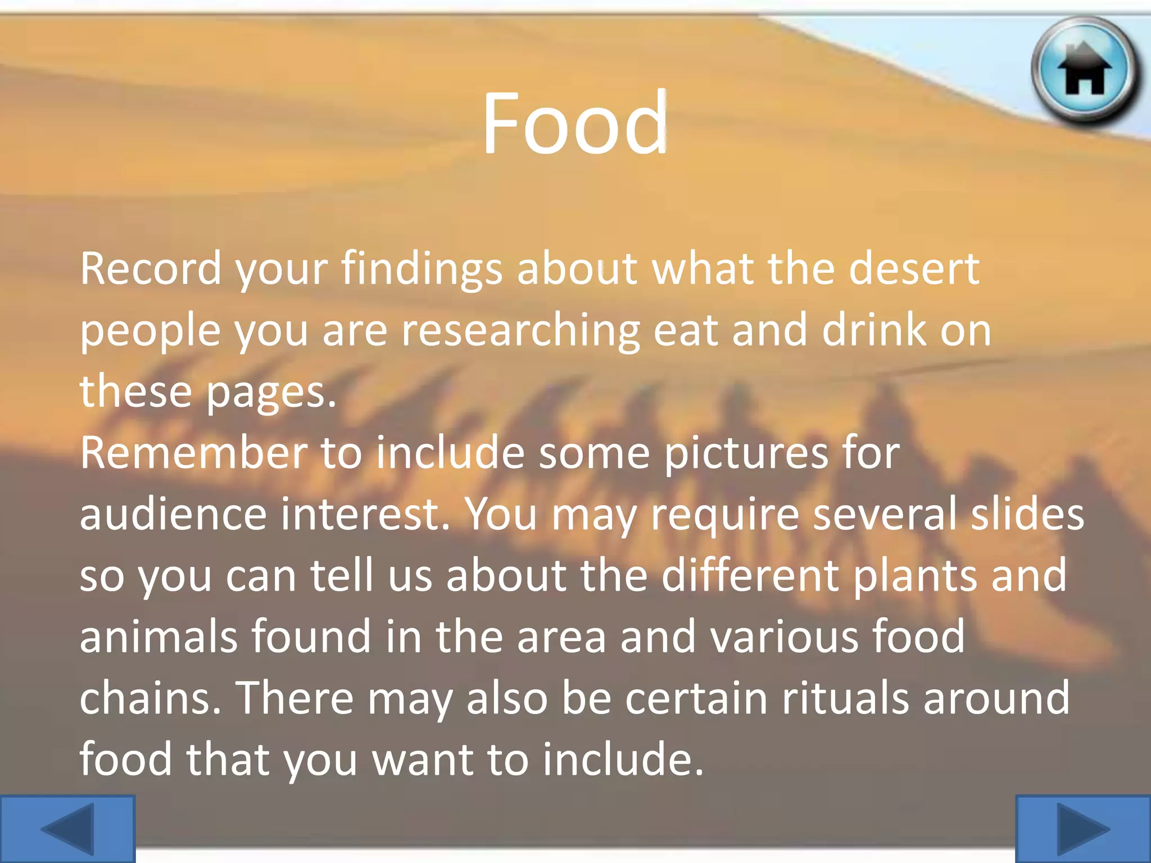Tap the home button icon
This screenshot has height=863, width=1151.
click(x=1085, y=70)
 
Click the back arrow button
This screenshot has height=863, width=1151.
click(x=67, y=829)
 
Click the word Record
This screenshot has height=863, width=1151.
click(x=151, y=269)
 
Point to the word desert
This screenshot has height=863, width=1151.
click(x=914, y=269)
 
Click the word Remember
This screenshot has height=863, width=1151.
click(x=193, y=453)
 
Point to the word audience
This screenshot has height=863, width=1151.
click(x=173, y=514)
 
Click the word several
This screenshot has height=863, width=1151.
click(x=884, y=514)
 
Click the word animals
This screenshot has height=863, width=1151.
click(x=158, y=637)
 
